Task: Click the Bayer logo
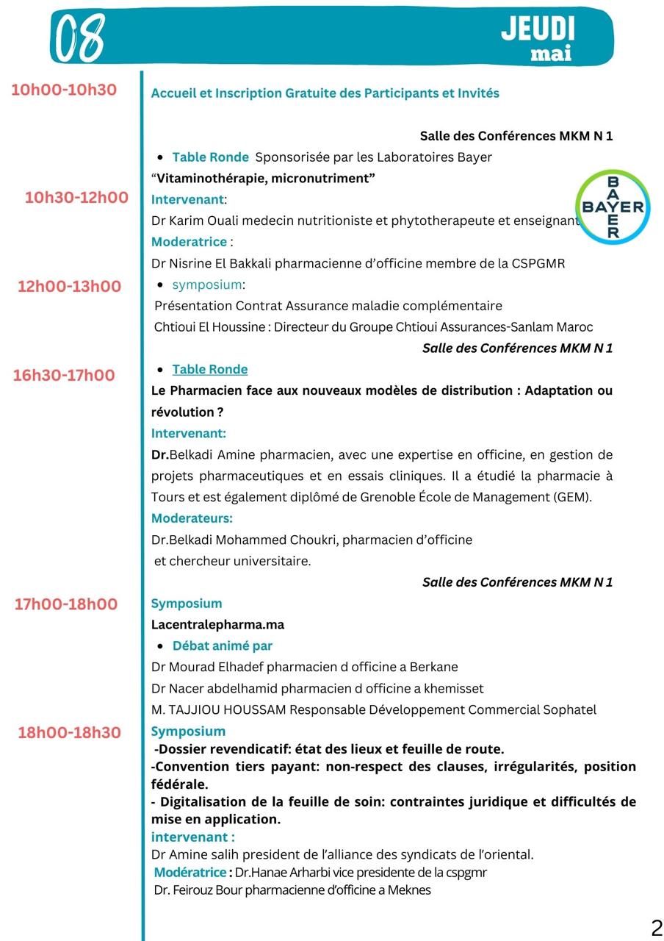point(613,207)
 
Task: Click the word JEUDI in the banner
point(538,29)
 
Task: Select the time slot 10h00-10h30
point(64,90)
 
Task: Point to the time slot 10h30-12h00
point(76,197)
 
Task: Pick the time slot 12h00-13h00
point(69,286)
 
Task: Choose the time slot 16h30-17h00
point(64,375)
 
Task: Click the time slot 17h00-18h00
point(65,604)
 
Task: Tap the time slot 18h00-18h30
point(70,732)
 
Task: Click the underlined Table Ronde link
point(209,369)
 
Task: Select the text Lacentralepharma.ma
point(217,624)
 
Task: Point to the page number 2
point(656,927)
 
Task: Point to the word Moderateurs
point(192,518)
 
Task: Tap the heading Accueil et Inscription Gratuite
point(325,93)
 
